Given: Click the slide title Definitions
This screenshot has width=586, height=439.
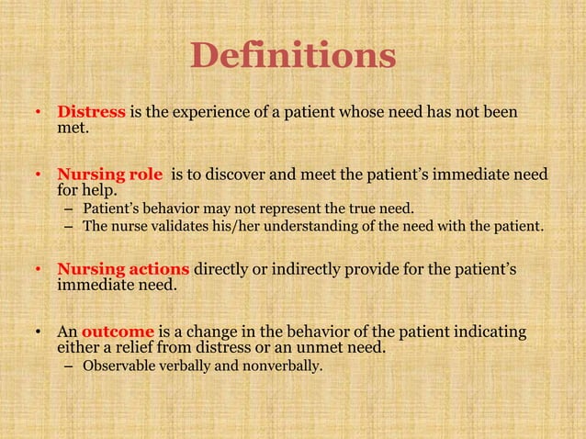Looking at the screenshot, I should coord(293,57).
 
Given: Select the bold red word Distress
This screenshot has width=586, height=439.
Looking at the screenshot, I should coord(91,113).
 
